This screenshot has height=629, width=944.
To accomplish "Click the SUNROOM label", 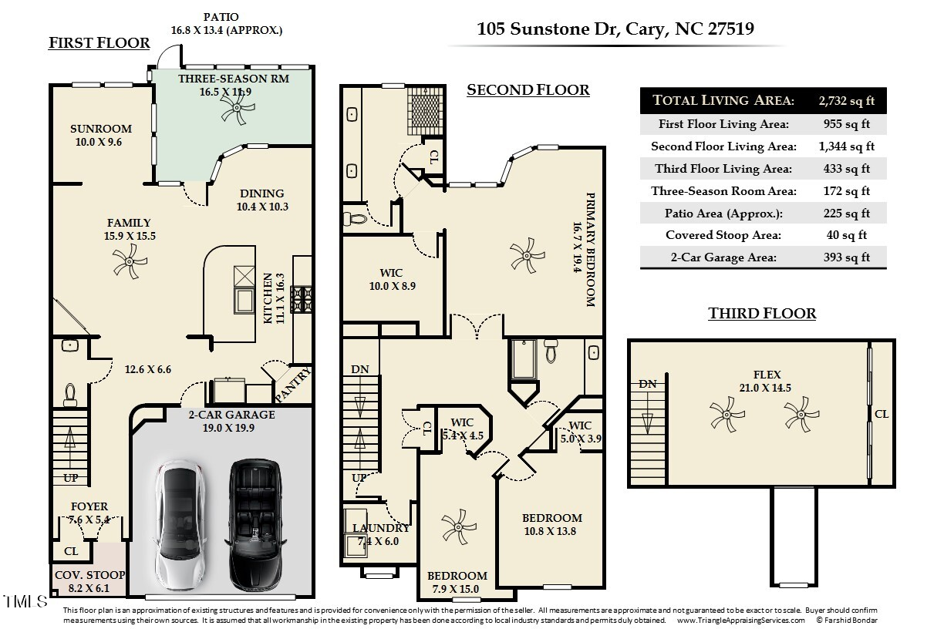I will (101, 129).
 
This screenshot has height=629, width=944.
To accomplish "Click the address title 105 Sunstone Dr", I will (615, 29).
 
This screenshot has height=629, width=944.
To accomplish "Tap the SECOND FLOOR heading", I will (528, 90).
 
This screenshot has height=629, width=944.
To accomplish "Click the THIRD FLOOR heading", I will (762, 313).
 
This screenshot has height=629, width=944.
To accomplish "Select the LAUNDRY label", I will (381, 529).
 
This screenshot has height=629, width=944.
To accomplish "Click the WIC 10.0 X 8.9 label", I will (391, 273).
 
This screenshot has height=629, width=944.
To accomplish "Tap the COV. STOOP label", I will (89, 575).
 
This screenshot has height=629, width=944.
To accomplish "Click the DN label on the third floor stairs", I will (648, 384).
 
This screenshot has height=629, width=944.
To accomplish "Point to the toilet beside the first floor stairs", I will (70, 395).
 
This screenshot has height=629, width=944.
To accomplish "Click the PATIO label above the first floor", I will (221, 16).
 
